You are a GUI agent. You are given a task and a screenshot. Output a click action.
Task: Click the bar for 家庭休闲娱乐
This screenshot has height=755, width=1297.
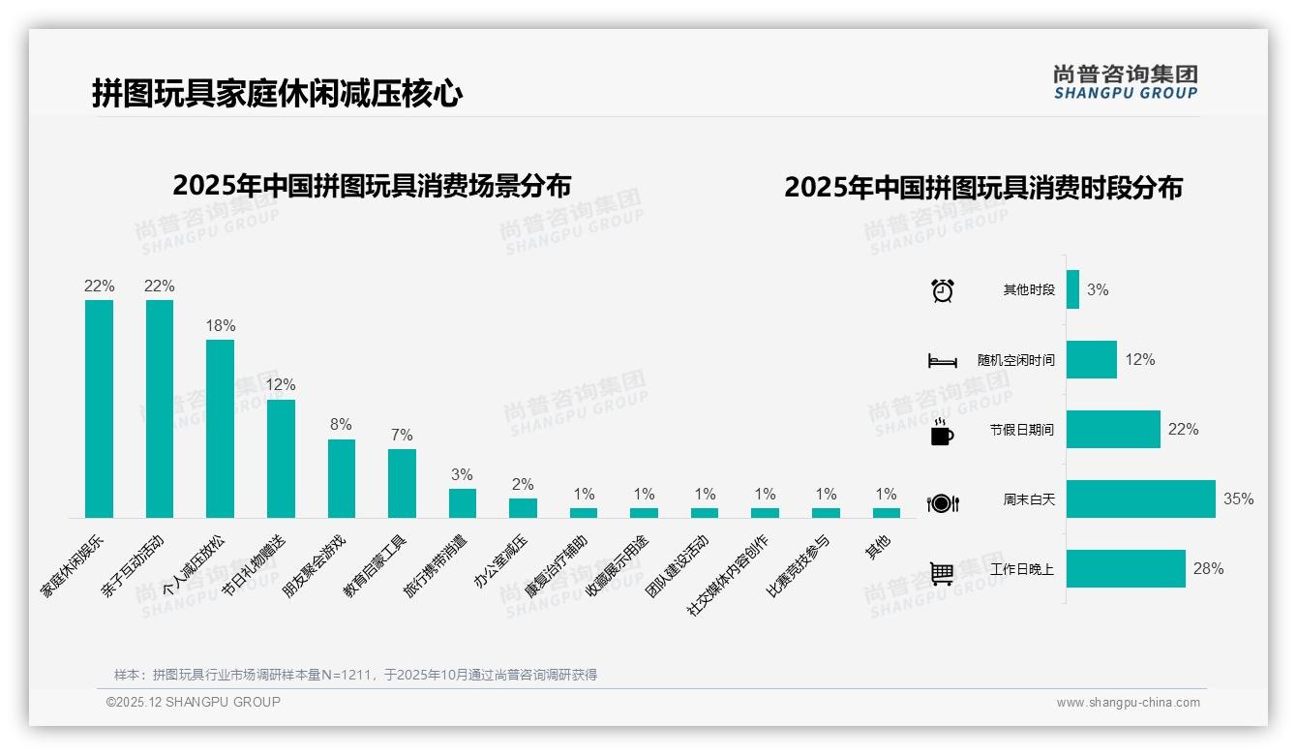[99, 408]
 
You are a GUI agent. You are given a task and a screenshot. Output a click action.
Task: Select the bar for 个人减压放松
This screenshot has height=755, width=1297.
[220, 428]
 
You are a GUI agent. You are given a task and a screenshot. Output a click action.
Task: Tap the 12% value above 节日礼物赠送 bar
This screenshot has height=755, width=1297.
[281, 384]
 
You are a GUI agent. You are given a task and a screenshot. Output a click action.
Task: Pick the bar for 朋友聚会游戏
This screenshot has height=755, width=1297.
[342, 478]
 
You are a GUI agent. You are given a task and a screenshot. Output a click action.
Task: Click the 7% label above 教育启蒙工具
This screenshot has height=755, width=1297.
[402, 434]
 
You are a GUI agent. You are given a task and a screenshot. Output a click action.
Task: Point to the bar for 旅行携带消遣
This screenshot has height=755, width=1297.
[463, 502]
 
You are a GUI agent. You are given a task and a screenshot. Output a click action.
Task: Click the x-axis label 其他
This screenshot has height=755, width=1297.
[878, 546]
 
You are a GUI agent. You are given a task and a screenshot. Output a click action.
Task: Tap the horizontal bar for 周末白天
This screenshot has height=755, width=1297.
[1140, 499]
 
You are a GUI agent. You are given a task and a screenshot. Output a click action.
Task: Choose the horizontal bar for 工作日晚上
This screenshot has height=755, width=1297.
[1126, 569]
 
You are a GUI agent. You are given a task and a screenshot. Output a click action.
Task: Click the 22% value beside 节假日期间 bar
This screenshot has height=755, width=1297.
[1183, 429]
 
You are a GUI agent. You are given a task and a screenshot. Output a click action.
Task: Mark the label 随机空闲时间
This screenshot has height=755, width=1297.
[1015, 360]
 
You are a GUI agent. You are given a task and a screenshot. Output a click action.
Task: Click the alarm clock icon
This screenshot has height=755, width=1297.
[942, 290]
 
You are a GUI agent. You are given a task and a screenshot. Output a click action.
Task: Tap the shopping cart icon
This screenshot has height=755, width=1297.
[942, 573]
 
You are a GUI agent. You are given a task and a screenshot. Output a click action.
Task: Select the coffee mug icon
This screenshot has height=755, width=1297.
[942, 432]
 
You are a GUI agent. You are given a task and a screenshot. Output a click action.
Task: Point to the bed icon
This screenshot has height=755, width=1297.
[942, 361]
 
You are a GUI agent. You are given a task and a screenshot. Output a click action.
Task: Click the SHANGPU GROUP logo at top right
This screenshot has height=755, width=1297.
[1125, 82]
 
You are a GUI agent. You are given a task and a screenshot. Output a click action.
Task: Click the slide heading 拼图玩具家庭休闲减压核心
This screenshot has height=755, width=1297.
[277, 94]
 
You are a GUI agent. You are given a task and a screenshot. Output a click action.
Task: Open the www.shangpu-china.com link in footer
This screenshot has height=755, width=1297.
[1128, 703]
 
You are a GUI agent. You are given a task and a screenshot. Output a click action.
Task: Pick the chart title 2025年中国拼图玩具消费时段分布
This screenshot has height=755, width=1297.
[983, 188]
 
